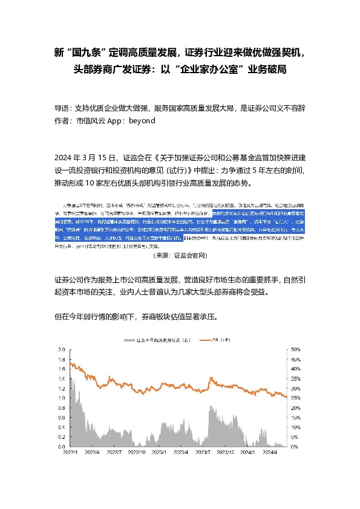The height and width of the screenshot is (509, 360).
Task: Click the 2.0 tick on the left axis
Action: coord(61,350)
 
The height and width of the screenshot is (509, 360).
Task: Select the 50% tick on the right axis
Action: coord(296,350)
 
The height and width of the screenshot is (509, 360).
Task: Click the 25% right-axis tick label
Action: coord(296,398)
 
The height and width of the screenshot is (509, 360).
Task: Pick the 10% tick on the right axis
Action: coord(296,427)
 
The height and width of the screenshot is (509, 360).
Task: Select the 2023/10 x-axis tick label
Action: coord(225,451)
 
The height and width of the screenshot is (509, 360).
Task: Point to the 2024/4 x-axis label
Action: coord(269,451)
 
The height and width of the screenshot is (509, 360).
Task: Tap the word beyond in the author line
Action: coord(143,120)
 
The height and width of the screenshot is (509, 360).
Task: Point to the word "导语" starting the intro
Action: coord(62,108)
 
